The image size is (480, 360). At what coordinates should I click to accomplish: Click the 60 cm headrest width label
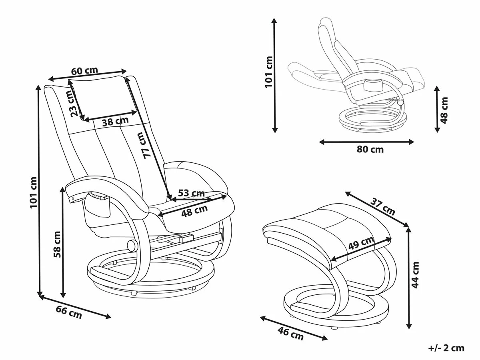coord(84,71)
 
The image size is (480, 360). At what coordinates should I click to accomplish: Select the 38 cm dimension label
coord(115,121)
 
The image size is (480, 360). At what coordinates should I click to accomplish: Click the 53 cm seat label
coord(191,193)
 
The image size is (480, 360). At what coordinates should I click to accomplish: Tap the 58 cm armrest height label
coord(58,244)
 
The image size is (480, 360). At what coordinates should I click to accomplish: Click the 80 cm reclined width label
coord(370,150)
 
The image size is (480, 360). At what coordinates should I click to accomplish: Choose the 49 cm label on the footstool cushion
coord(361,244)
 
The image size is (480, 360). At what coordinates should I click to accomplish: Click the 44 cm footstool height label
coord(416,275)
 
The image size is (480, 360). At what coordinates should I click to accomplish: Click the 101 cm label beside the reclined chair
coord(269,72)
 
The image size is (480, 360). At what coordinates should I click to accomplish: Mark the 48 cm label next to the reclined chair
coord(444,110)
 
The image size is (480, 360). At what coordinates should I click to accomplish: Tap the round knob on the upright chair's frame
coord(131,245)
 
